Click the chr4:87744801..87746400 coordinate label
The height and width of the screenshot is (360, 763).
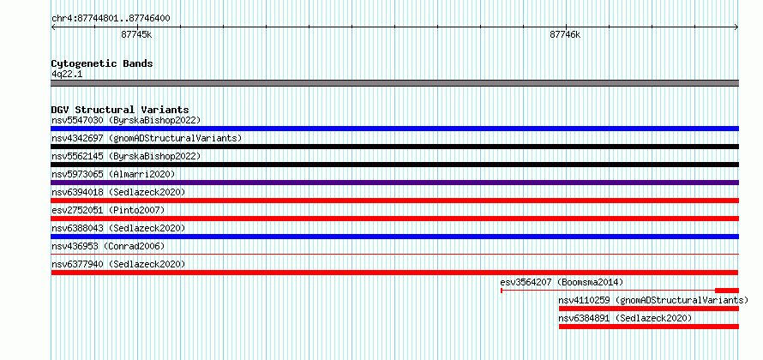[111, 19]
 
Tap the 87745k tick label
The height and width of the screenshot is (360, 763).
[136, 34]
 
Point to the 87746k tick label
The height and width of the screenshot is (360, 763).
[565, 34]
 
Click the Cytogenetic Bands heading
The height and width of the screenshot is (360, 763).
[102, 63]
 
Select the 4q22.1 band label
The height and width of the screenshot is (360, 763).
[67, 74]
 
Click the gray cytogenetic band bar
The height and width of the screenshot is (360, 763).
[394, 83]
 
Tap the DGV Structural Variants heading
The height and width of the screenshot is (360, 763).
[120, 110]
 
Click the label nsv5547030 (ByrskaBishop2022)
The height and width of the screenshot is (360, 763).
[126, 120]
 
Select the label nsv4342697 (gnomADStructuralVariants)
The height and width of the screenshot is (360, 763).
[147, 138]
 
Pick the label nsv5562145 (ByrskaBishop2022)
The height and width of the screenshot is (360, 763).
[126, 156]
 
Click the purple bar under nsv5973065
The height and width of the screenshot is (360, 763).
[394, 183]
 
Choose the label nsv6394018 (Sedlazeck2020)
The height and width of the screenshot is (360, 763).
[118, 192]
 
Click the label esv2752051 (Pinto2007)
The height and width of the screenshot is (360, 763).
[108, 210]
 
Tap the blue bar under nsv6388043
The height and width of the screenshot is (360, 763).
[394, 237]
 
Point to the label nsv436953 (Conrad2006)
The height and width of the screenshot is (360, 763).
[108, 246]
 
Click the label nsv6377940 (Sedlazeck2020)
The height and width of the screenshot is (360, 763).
[118, 264]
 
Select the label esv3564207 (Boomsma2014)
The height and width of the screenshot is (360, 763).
[562, 282]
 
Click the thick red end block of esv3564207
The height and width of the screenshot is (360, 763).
[726, 291]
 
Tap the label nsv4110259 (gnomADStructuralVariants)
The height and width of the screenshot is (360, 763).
[653, 300]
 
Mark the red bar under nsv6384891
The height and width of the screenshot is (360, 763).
[649, 327]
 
